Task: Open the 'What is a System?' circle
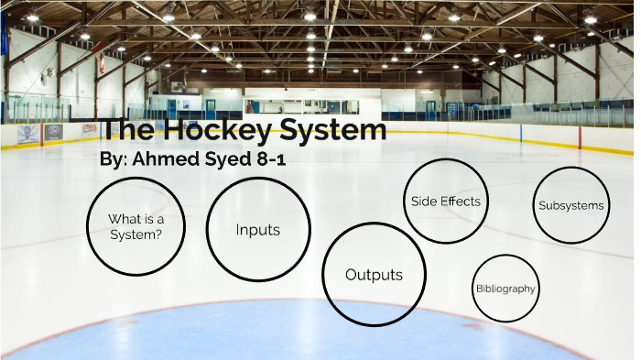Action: [x=135, y=226]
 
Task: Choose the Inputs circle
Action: [x=257, y=230]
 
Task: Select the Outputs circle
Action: [x=373, y=274]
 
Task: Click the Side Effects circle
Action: [x=445, y=202]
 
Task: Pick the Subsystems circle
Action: [x=570, y=205]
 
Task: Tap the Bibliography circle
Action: [x=505, y=289]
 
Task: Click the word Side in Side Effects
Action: [x=423, y=202]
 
